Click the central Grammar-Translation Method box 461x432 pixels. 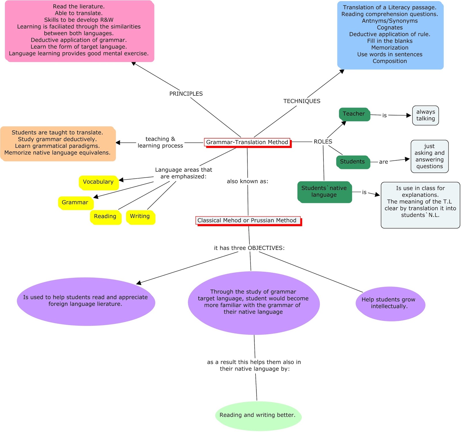(247, 142)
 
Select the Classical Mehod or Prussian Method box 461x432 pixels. (247, 220)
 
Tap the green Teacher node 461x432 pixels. (354, 114)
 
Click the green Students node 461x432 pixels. (353, 162)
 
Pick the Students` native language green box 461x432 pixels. (324, 192)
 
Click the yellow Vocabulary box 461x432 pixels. (98, 182)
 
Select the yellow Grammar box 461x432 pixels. (75, 203)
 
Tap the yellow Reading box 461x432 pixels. (105, 217)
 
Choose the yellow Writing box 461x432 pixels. (140, 217)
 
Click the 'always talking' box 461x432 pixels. (425, 115)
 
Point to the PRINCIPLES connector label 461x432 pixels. (186, 94)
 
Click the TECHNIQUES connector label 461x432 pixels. (302, 101)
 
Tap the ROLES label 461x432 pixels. (323, 142)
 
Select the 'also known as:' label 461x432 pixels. (247, 181)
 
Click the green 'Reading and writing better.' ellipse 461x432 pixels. (258, 415)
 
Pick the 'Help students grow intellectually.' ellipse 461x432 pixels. (390, 303)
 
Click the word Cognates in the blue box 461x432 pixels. (390, 28)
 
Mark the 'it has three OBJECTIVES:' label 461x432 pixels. (249, 248)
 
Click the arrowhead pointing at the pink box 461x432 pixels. (133, 63)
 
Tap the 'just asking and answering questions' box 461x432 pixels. (429, 156)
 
